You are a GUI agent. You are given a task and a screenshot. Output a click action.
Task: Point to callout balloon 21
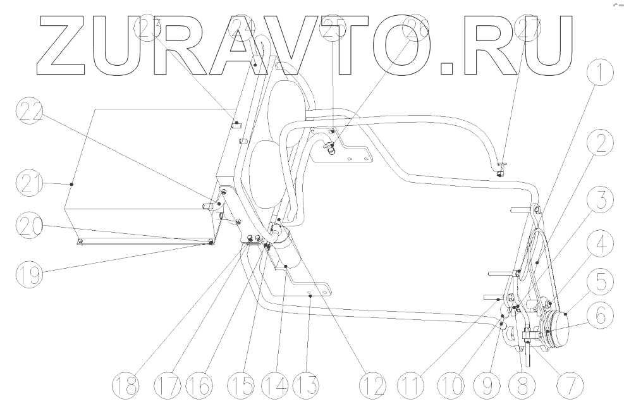(28, 187)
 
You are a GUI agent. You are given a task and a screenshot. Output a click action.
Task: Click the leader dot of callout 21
(72, 184)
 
